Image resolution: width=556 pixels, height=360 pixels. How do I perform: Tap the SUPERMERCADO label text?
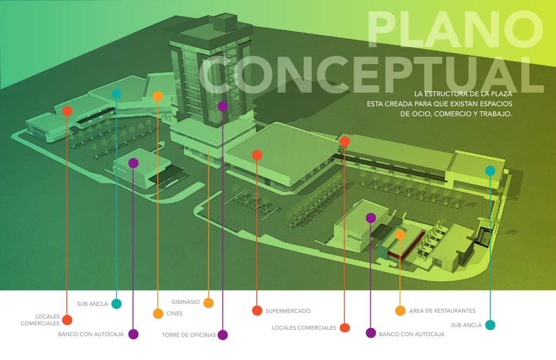point(288,311)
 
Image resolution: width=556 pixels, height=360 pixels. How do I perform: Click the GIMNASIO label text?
point(186,302)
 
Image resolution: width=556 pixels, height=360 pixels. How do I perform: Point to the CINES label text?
point(174,313)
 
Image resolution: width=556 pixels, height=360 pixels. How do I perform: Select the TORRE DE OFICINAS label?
point(188,334)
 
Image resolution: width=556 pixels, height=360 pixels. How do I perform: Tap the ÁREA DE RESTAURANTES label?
point(442,311)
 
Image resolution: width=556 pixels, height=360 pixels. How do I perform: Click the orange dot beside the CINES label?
point(158,313)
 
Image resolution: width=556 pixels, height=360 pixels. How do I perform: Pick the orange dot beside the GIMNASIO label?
point(208,303)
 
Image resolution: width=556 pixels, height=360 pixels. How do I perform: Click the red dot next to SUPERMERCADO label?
point(257,311)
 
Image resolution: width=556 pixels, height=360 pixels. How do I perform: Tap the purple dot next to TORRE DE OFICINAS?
point(223,335)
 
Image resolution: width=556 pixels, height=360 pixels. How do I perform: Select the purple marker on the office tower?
point(223,106)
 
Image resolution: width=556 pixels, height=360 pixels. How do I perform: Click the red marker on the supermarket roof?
point(257,155)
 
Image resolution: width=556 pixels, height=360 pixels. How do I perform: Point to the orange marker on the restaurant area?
point(400,235)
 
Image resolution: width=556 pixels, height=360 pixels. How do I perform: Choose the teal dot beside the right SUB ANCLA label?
point(490,325)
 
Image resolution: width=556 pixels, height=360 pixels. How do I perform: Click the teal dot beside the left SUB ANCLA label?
point(116,304)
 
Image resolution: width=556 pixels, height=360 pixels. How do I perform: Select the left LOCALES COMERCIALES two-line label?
point(40,320)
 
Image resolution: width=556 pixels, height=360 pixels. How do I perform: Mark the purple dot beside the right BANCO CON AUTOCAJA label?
point(371,333)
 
